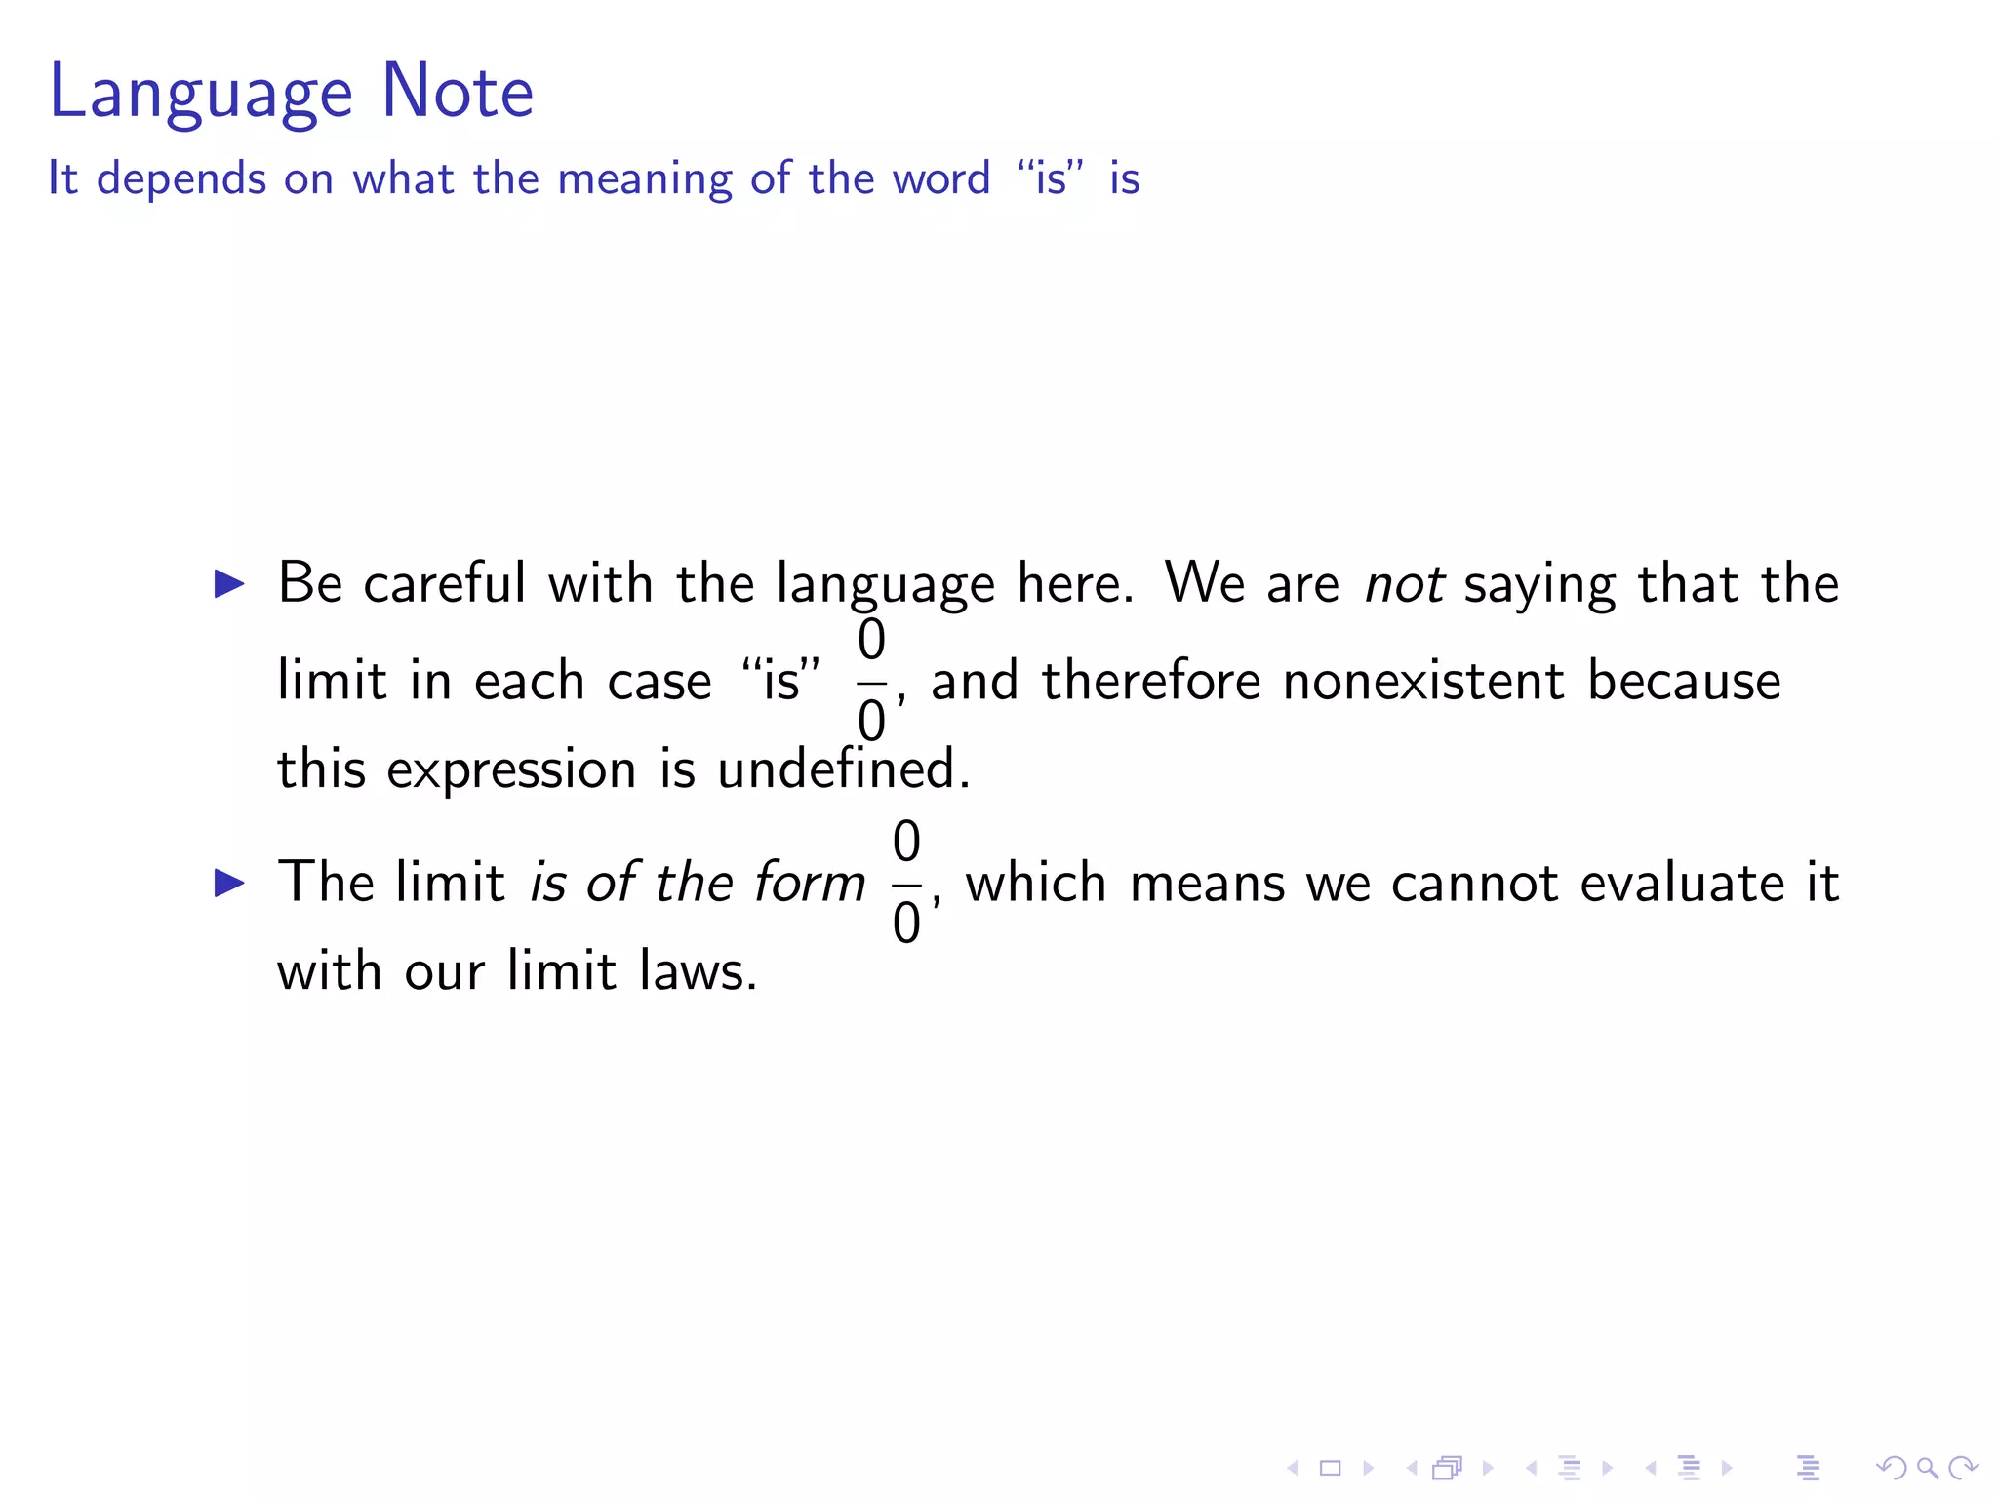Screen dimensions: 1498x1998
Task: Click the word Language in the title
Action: pos(200,93)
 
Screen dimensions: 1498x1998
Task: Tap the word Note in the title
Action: pos(458,91)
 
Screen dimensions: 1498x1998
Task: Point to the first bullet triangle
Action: pos(229,584)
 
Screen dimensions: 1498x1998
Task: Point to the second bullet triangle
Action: pos(229,884)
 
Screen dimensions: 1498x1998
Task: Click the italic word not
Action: pos(1404,584)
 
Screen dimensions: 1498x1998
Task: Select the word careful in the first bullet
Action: pos(445,583)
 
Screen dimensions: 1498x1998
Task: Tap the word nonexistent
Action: pos(1423,681)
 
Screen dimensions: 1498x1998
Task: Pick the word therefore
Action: pos(1151,681)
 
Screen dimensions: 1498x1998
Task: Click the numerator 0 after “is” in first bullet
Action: pos(871,641)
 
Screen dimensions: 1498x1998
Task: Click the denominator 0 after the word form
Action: pos(906,923)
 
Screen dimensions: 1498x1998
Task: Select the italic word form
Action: pos(810,883)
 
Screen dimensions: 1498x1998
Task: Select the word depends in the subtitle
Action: pos(181,180)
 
